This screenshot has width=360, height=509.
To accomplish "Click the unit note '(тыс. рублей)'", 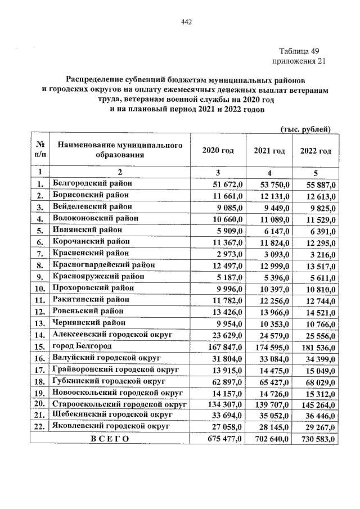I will point(305,130).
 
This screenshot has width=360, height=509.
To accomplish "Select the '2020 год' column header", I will point(218,151).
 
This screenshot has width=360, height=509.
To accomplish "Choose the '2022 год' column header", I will point(315,151).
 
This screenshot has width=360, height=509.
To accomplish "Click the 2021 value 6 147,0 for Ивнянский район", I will point(277,230).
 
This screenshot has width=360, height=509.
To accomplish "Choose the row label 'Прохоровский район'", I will point(92,288).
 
